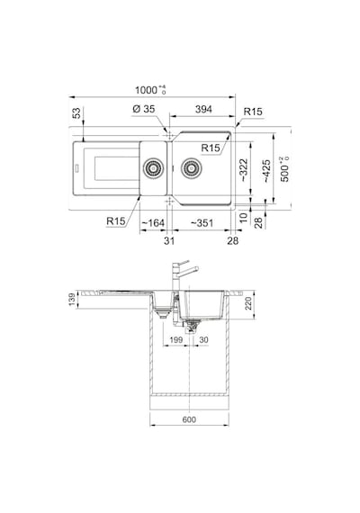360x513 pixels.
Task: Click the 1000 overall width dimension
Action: (150, 90)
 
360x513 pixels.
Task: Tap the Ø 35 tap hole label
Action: (144, 109)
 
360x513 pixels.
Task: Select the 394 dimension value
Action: (203, 109)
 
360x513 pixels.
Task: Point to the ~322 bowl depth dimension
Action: (245, 170)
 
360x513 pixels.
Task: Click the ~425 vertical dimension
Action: (266, 171)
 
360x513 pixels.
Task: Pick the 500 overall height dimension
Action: (284, 169)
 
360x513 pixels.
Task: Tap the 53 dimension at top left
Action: (76, 113)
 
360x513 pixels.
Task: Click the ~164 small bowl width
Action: (152, 223)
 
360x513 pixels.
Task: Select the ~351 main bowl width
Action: (202, 223)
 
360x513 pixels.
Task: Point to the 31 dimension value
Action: (169, 241)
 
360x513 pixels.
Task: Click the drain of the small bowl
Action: (153, 168)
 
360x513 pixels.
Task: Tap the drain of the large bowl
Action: (192, 168)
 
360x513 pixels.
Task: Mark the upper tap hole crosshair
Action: (169, 135)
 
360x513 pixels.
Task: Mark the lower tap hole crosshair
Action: (169, 202)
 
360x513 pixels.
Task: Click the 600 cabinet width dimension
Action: (189, 419)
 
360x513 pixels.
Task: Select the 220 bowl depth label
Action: (248, 303)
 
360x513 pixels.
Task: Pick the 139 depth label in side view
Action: (72, 300)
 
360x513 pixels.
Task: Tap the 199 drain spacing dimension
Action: (176, 340)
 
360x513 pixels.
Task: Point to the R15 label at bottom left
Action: (116, 221)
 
